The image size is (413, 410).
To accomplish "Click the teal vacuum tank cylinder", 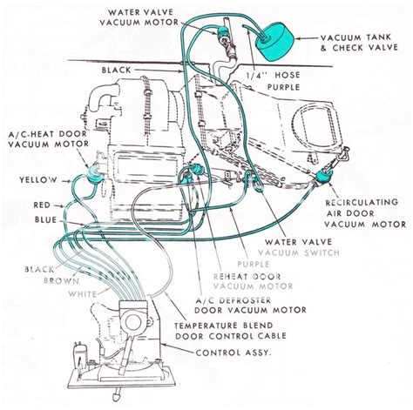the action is pos(274,41).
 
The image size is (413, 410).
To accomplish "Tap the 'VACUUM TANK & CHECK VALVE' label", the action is pos(359,43).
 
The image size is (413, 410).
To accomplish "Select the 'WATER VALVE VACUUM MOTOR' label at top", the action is pos(139,17).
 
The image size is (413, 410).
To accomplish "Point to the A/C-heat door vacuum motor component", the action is pos(94,174).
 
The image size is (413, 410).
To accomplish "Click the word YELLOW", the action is pos(38,180).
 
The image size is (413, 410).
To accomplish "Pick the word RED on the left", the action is pos(42,205).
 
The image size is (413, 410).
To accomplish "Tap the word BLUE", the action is pos(45,219).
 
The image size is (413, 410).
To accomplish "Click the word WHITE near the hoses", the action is pos(83,294).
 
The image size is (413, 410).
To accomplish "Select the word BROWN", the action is pos(61,281).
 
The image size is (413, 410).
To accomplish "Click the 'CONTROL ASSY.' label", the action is pos(234,353).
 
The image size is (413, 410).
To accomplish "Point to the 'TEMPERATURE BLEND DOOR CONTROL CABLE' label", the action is pos(231,331).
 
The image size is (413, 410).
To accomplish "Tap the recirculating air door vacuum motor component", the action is pos(323,177).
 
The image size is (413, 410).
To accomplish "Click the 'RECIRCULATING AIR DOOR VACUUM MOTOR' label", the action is pos(365,213).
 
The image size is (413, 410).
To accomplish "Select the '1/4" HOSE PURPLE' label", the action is pos(273,81).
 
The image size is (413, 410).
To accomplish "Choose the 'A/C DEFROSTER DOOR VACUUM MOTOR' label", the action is pos(250,305).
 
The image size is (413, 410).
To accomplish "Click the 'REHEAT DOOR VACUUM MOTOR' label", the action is pos(254,281).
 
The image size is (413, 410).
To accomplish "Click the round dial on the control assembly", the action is pos(132,321).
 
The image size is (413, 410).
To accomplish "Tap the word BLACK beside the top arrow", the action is pos(117,71).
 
